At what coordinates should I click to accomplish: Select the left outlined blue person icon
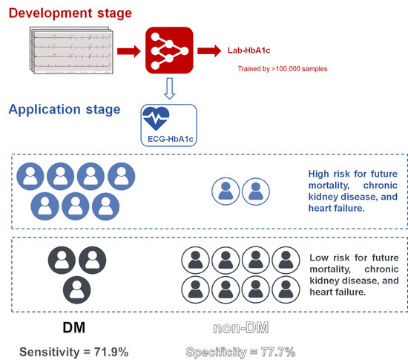224,193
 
